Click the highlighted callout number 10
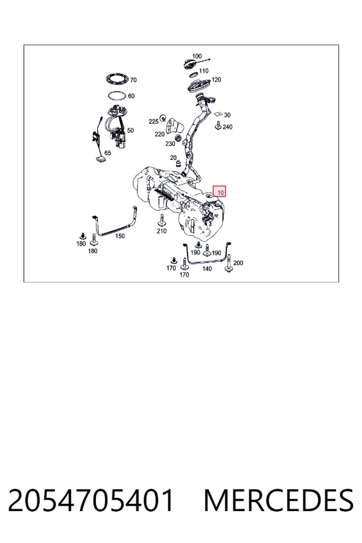(x=220, y=191)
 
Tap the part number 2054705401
(x=91, y=500)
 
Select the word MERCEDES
(x=279, y=500)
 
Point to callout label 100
(x=197, y=56)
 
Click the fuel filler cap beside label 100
(x=190, y=64)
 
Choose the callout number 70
(x=133, y=80)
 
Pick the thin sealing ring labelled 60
(x=116, y=96)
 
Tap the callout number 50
(x=130, y=130)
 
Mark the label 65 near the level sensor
(x=108, y=153)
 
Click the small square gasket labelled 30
(x=218, y=114)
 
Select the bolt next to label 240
(x=218, y=126)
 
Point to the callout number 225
(x=153, y=121)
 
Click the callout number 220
(x=159, y=134)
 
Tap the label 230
(x=170, y=144)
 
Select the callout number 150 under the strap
(x=120, y=236)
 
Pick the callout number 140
(x=207, y=268)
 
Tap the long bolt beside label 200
(x=229, y=264)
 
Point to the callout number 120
(x=216, y=80)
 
